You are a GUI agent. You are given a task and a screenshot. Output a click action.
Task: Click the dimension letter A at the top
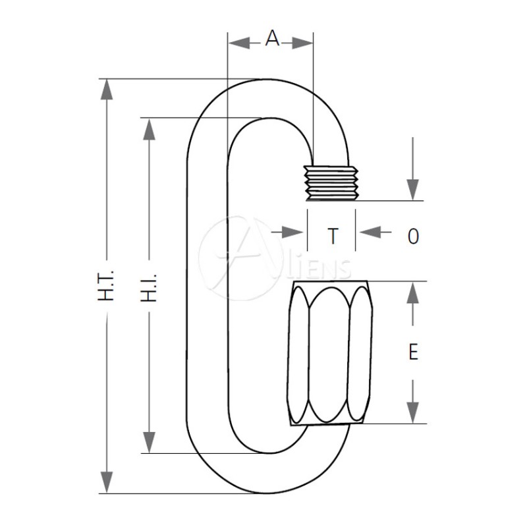pos(272,38)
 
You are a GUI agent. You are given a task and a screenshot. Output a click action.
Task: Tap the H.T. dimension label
pos(106,285)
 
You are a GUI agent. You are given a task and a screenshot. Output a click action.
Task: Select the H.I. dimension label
pos(149,287)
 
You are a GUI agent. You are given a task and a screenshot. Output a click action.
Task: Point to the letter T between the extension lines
pos(333,236)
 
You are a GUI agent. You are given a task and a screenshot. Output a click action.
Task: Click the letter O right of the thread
pos(413,236)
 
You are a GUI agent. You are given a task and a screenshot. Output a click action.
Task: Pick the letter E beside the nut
pos(413,352)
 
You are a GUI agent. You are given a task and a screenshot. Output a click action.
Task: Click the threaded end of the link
pos(331,183)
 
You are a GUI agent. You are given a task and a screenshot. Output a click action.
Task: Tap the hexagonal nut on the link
pos(330,353)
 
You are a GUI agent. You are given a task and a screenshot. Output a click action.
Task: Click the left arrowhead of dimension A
pos(239,43)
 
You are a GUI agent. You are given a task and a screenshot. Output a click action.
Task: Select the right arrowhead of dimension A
pos(302,43)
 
